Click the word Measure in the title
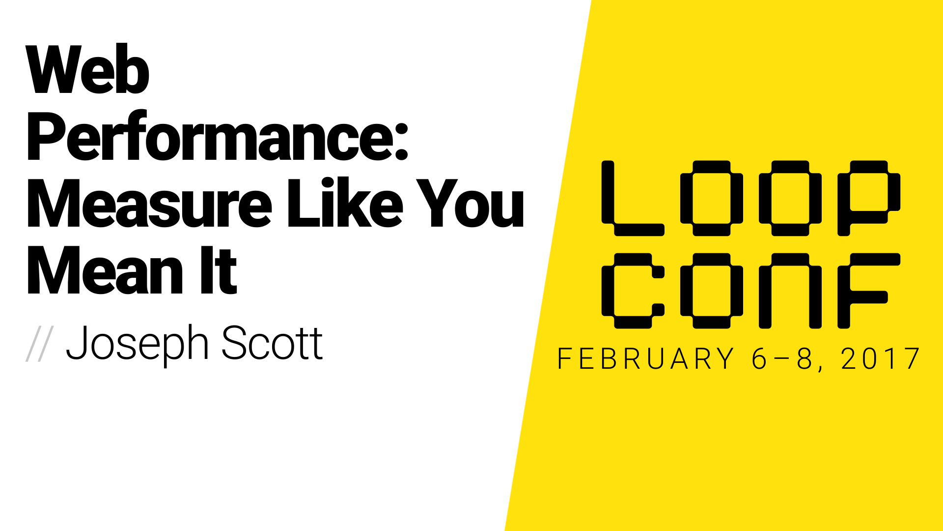click(150, 203)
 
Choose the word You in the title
click(471, 203)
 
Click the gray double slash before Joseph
click(39, 344)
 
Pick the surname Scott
click(272, 343)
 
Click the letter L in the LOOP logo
click(633, 198)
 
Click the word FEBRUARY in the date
click(646, 358)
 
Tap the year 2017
click(881, 358)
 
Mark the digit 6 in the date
click(759, 358)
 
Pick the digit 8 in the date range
click(805, 358)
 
